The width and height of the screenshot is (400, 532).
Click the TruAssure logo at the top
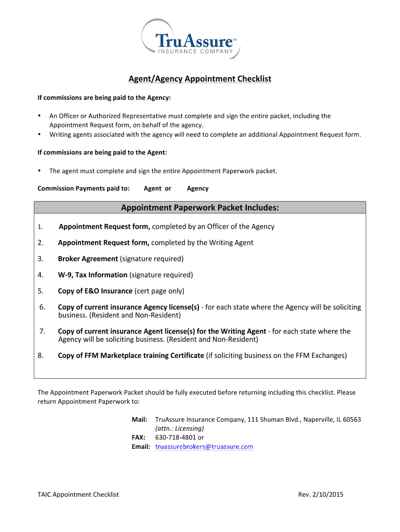191,39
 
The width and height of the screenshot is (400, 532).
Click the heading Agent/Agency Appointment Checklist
200,79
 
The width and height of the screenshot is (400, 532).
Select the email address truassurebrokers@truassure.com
204,447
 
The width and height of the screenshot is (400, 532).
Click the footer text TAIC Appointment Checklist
78,495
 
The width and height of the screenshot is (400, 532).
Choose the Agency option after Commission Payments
197,189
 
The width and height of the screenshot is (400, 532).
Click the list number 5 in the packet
40,291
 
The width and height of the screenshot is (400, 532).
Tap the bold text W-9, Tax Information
92,275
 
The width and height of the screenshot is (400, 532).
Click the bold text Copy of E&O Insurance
95,291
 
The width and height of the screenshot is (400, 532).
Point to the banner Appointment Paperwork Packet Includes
200,208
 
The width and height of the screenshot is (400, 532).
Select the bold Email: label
141,447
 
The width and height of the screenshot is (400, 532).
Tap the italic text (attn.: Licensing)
180,429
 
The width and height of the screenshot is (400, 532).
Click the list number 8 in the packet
40,356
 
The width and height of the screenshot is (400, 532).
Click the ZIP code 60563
350,419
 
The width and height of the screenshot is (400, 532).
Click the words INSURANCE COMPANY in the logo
195,50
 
